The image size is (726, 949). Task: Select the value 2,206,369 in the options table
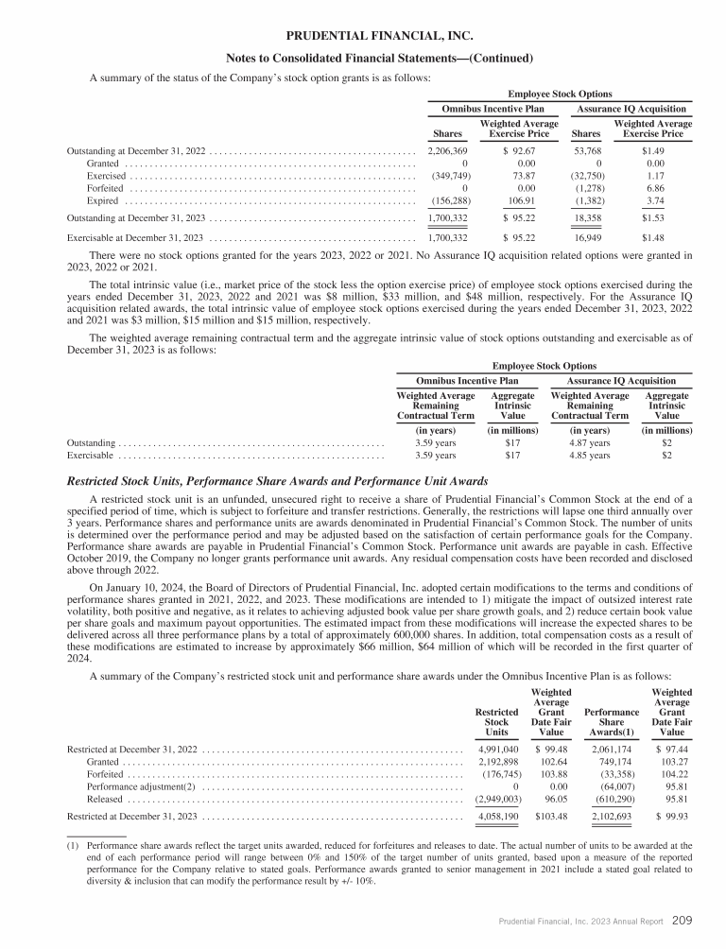(448, 151)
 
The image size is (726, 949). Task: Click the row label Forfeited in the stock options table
(104, 189)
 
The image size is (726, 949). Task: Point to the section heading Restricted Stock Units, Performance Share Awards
(277, 481)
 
